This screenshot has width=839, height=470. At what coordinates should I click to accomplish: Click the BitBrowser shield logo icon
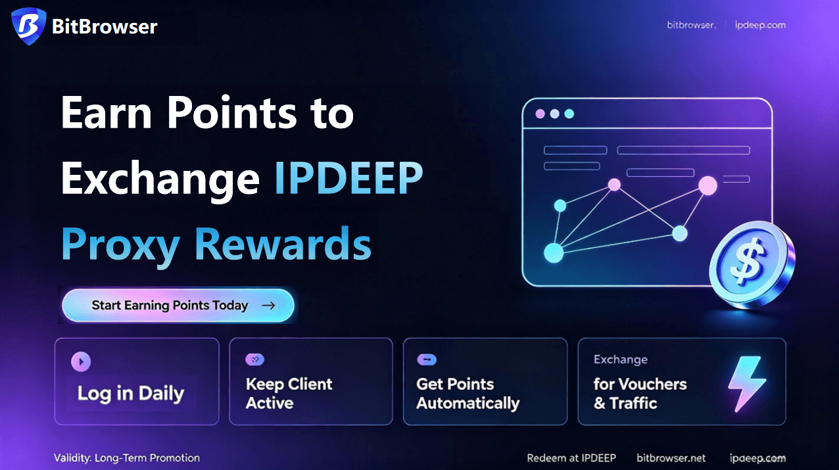[28, 26]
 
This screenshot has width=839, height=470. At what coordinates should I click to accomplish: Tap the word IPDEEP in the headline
[349, 178]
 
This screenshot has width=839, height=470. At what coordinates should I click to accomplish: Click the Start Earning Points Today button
[178, 305]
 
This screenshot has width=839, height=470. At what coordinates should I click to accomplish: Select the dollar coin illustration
[752, 264]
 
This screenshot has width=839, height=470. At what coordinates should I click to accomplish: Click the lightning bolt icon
[747, 383]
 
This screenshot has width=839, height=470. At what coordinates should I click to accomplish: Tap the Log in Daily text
[131, 394]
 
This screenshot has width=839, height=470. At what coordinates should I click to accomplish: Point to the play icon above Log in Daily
[81, 362]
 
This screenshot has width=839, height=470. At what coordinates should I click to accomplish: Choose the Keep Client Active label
[289, 394]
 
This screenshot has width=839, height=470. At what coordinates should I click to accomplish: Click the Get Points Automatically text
[467, 394]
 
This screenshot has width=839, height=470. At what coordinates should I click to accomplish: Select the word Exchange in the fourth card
[621, 360]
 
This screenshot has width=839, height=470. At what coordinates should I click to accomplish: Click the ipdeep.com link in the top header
[760, 25]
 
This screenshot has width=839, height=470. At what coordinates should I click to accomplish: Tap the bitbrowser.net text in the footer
[671, 458]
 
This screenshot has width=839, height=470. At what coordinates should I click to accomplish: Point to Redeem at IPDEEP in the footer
[571, 458]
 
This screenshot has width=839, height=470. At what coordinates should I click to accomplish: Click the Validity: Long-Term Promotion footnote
[127, 458]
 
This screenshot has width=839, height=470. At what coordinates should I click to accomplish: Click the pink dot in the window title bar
[540, 114]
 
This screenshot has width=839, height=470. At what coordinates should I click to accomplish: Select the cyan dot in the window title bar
[569, 114]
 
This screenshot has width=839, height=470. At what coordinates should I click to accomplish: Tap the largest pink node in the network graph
[707, 186]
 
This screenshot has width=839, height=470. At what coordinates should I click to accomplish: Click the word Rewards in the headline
[283, 244]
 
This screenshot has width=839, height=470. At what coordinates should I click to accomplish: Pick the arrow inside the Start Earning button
[268, 306]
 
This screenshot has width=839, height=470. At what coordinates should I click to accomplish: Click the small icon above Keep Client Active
[254, 360]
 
